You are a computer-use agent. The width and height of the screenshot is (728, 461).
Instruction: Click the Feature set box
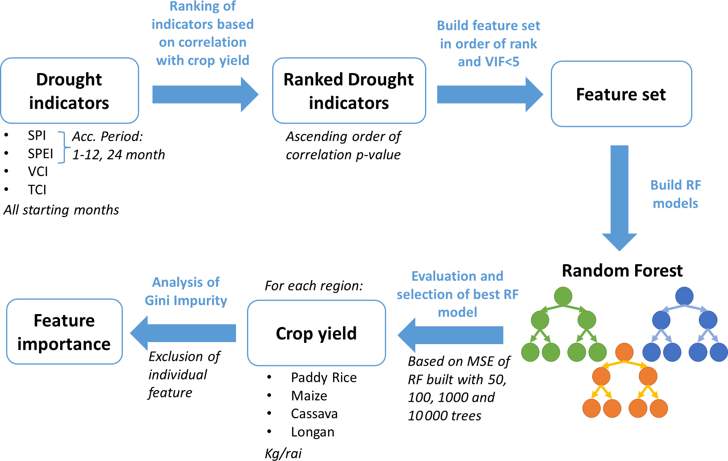(x=621, y=94)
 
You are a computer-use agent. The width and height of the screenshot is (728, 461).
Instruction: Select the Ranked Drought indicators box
(x=349, y=91)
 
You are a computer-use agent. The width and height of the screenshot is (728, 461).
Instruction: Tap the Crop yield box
(x=316, y=333)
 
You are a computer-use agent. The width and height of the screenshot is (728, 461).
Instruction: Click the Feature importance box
(x=64, y=332)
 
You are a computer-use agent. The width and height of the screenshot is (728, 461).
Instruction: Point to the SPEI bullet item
(x=40, y=154)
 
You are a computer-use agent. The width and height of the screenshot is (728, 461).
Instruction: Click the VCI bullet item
(x=38, y=172)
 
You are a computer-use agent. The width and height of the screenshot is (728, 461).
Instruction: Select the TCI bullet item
(x=37, y=190)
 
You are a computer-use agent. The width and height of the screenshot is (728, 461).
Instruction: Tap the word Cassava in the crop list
(x=314, y=414)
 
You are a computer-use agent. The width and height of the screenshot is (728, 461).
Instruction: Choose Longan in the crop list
(x=312, y=432)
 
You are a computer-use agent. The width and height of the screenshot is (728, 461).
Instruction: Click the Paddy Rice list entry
(x=324, y=378)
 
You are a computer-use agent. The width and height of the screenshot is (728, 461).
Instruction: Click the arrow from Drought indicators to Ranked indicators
(x=205, y=95)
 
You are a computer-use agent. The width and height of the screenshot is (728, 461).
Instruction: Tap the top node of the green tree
(x=563, y=296)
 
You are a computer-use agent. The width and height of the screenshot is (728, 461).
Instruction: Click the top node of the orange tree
(x=624, y=352)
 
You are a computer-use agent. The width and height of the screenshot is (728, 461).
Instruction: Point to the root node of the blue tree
(x=684, y=296)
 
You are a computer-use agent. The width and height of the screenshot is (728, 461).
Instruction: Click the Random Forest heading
(x=622, y=271)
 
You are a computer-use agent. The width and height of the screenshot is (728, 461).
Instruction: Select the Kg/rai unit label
(x=283, y=453)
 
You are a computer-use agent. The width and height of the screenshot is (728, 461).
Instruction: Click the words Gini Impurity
(x=186, y=301)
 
